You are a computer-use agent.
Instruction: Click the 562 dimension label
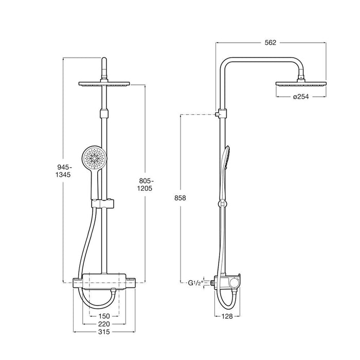(271, 43)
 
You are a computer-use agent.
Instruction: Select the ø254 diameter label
(301, 97)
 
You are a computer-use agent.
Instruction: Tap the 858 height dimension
(180, 197)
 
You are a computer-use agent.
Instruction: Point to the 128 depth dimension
(227, 316)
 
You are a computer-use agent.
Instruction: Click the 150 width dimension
(104, 316)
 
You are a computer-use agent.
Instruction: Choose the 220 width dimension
(104, 324)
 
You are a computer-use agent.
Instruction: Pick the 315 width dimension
(104, 332)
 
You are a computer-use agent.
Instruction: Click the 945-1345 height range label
(63, 171)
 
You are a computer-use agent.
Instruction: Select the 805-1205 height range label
(145, 184)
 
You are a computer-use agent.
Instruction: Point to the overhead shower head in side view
(301, 84)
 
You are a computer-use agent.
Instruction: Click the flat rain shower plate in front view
(104, 84)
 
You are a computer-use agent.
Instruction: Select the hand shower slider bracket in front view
(103, 204)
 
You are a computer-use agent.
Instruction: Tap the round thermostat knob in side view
(234, 283)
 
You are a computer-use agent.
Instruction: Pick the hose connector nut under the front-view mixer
(112, 291)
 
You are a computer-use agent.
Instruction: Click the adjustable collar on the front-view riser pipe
(104, 114)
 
